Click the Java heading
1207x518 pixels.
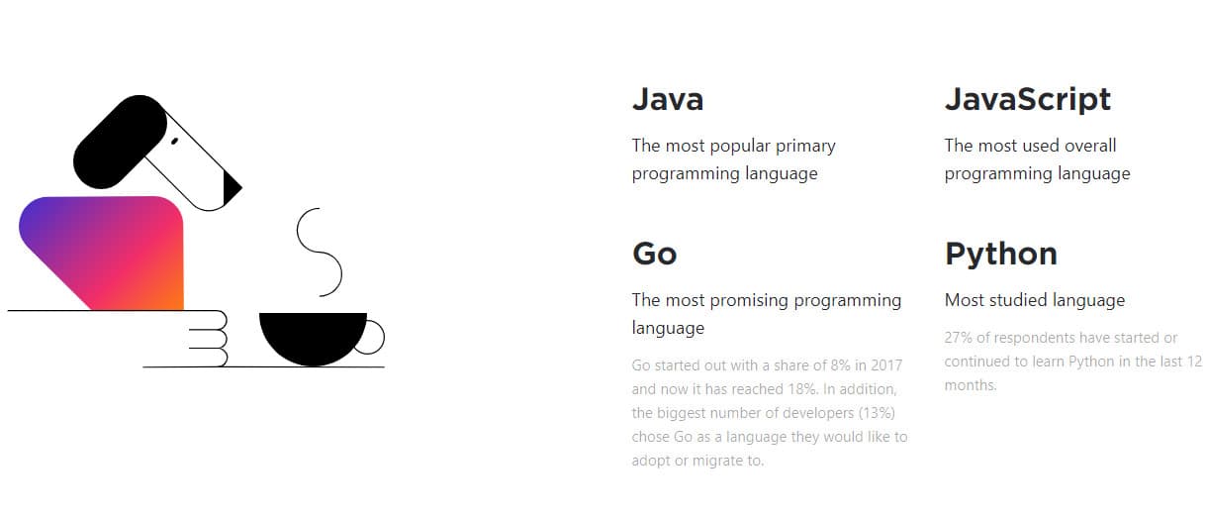(668, 99)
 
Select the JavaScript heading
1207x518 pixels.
(1028, 99)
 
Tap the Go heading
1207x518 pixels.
(654, 254)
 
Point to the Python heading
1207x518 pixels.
(1000, 254)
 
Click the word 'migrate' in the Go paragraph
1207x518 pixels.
(716, 461)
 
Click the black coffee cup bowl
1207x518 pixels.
(313, 335)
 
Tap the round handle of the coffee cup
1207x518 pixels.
(372, 338)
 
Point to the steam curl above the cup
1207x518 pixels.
(319, 252)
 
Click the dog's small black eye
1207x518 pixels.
(174, 142)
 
